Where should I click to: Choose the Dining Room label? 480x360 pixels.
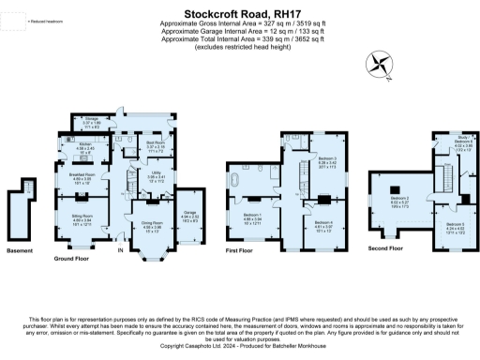click(x=153, y=227)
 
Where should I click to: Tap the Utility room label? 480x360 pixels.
click(x=156, y=175)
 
